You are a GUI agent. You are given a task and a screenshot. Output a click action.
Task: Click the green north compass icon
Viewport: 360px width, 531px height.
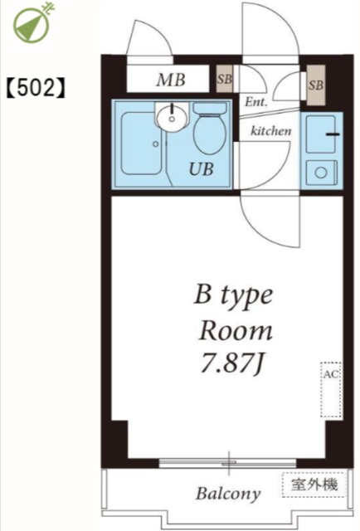(32, 23)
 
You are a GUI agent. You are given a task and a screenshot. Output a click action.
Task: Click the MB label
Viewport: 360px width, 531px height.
(171, 80)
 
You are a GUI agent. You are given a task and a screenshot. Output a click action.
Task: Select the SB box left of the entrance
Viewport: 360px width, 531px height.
(225, 79)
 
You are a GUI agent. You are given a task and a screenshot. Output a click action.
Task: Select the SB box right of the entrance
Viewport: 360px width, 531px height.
(316, 85)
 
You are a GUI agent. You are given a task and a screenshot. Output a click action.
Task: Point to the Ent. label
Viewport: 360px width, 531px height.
(256, 101)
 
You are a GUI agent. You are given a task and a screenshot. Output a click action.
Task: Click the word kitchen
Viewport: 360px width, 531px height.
(270, 130)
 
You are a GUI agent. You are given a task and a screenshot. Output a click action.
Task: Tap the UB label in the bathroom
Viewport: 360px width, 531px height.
(202, 169)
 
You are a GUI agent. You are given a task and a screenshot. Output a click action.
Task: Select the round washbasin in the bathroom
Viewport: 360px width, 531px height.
(172, 118)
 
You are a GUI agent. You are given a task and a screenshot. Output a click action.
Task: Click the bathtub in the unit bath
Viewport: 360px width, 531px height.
(141, 144)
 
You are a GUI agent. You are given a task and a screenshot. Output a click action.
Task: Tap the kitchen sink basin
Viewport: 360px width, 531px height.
(321, 134)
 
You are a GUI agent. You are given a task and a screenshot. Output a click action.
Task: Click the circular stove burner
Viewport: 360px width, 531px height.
(321, 173)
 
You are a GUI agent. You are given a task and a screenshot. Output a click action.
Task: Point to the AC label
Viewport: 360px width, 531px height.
(330, 374)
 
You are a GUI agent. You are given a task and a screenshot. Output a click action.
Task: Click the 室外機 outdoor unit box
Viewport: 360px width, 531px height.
(314, 485)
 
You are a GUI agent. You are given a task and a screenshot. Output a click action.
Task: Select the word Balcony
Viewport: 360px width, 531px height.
(228, 494)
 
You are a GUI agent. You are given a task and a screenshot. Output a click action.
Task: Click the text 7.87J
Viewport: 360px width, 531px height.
(232, 363)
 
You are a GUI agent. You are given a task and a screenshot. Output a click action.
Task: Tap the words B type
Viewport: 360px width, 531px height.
(233, 296)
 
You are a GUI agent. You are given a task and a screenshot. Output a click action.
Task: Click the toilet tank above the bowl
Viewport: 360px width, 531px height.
(210, 108)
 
